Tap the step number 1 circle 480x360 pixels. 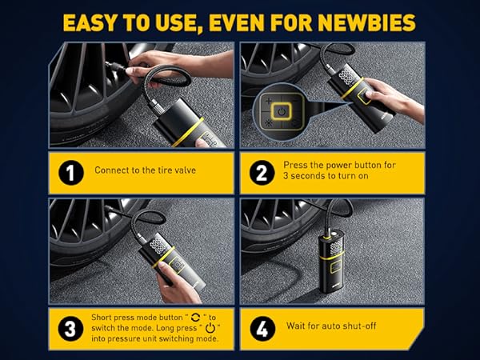70,170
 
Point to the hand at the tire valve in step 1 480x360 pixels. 148,74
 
